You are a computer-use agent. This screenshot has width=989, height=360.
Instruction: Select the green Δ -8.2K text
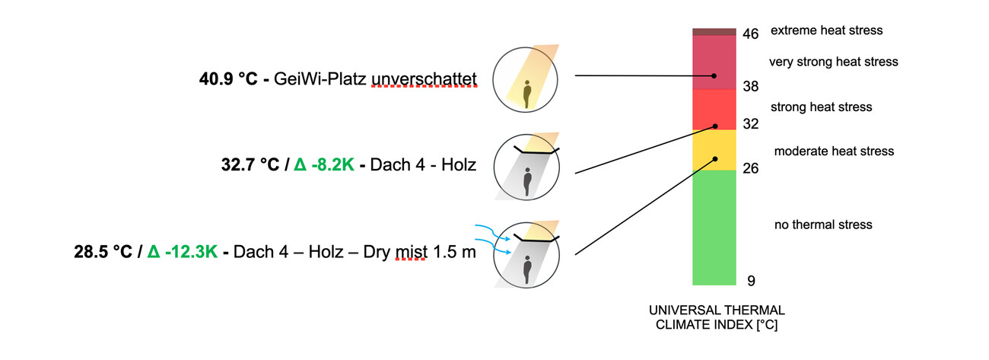pos(323,165)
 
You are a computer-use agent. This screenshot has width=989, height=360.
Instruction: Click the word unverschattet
pos(424,78)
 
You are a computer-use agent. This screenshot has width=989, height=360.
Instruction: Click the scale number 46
pos(750,34)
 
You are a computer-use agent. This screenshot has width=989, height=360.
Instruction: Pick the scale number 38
pos(750,87)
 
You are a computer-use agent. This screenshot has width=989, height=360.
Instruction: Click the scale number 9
pos(750,281)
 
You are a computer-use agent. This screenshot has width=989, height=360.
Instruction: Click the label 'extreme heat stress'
pos(826,30)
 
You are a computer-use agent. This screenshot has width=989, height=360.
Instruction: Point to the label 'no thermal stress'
pos(822,225)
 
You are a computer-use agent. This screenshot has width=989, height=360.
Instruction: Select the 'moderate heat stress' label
pos(834,151)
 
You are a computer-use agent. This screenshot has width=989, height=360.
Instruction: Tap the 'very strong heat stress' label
pos(834,62)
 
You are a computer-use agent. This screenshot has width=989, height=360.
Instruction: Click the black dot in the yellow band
pos(715,159)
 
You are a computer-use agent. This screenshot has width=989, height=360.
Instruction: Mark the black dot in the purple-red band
pos(714,76)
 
